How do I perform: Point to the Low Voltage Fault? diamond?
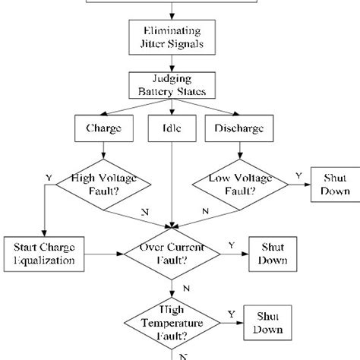tap(238, 182)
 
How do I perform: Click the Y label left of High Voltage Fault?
tap(49, 178)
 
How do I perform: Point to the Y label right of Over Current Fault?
tap(232, 246)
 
